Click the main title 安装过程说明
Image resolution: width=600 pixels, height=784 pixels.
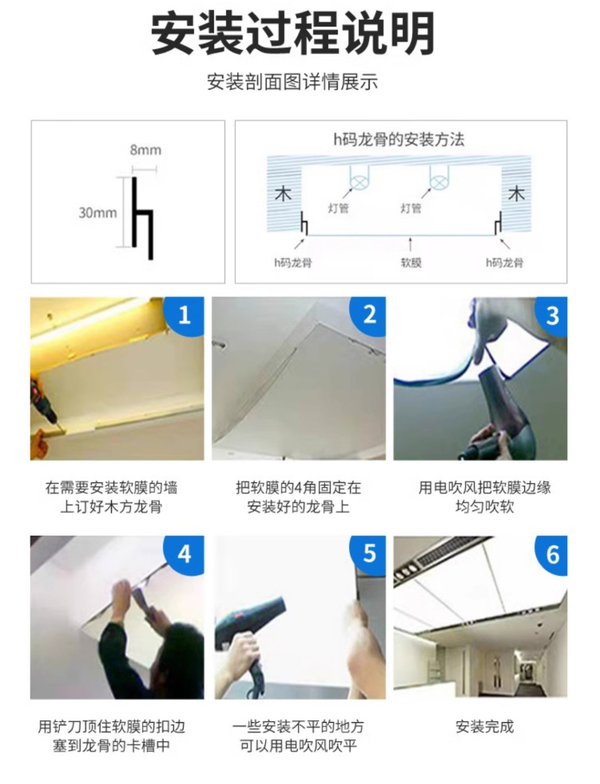[293, 33]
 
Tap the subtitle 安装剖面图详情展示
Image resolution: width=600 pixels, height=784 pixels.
[292, 82]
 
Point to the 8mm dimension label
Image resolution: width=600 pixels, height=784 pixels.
[145, 150]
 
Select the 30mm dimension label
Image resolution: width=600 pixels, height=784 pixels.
[98, 213]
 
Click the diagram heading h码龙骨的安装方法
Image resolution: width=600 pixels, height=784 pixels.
[399, 140]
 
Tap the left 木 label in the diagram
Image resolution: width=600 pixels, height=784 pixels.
[283, 194]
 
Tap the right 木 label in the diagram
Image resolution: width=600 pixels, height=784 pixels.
[516, 194]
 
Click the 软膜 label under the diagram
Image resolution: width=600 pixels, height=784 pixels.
[411, 263]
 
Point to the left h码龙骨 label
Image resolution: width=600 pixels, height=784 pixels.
[293, 263]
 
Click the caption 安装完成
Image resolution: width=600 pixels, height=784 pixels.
[485, 727]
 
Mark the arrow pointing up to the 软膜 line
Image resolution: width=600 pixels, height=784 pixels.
[410, 244]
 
